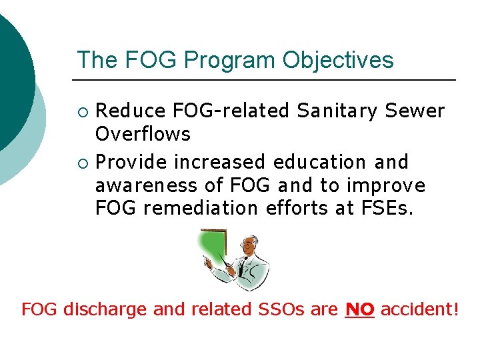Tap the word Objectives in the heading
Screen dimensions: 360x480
pyautogui.click(x=338, y=61)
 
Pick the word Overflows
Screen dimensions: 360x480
pyautogui.click(x=143, y=134)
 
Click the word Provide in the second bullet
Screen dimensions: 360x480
pyautogui.click(x=131, y=162)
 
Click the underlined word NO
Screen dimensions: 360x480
pyautogui.click(x=360, y=310)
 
